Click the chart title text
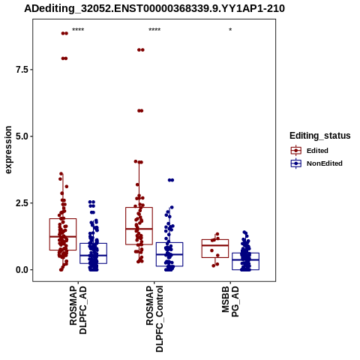click(x=154, y=9)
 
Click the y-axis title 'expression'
click(x=8, y=150)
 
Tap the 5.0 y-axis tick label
click(x=22, y=136)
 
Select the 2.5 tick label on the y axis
click(x=22, y=203)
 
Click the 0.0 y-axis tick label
click(x=22, y=270)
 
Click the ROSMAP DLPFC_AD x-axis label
click(x=78, y=310)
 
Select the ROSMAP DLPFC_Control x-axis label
click(x=154, y=319)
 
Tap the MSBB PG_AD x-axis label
click(x=230, y=301)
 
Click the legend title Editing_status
click(x=320, y=136)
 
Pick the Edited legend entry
click(x=310, y=151)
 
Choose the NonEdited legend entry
click(x=316, y=163)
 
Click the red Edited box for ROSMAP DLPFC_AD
click(x=63, y=219)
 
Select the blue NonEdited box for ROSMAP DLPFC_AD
click(x=94, y=243)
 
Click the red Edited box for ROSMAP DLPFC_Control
click(x=139, y=208)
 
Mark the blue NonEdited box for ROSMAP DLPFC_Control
click(x=169, y=242)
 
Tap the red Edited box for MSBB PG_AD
click(x=215, y=240)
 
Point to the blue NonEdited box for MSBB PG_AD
click(x=246, y=253)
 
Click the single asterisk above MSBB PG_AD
click(x=230, y=29)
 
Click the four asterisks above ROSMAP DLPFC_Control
click(x=154, y=29)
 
